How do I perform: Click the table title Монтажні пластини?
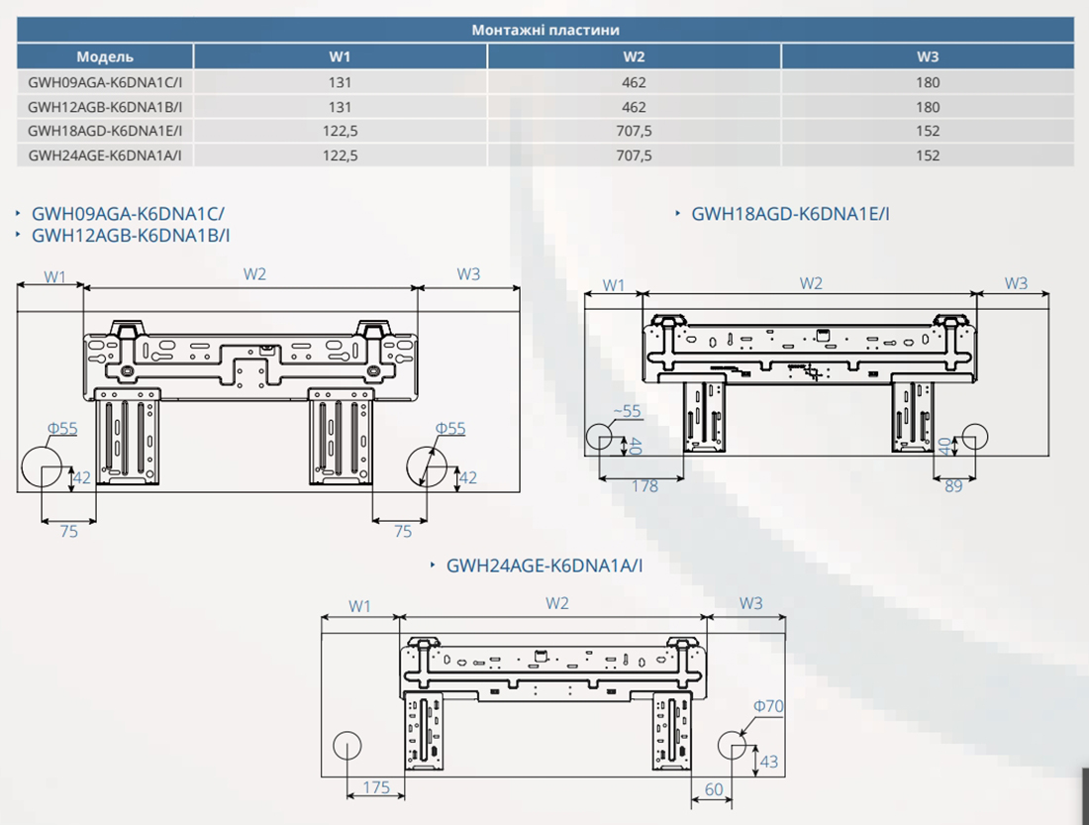[x=545, y=31]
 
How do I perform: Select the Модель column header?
[x=105, y=56]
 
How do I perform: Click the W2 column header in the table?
[x=635, y=56]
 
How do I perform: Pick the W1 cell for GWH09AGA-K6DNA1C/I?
[x=340, y=82]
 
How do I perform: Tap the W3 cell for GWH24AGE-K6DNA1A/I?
[x=928, y=155]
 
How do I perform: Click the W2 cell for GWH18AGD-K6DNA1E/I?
[x=635, y=131]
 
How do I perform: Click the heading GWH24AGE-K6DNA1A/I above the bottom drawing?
[x=544, y=566]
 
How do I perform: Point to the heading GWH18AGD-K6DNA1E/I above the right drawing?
[x=790, y=213]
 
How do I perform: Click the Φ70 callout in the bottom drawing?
[x=768, y=706]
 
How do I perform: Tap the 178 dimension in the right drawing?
[x=644, y=486]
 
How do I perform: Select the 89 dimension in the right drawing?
[x=952, y=486]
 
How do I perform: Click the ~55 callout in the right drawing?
[x=628, y=410]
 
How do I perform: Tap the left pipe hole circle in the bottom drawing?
[x=347, y=745]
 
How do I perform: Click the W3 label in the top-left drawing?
[x=468, y=274]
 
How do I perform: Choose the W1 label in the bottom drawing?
[x=359, y=605]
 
